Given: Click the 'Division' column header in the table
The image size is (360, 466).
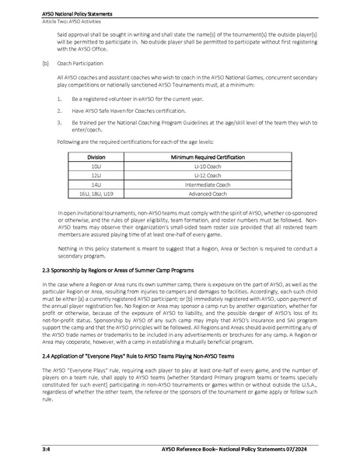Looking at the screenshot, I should [97, 156].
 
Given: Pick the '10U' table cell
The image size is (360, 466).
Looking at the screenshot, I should [97, 166].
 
